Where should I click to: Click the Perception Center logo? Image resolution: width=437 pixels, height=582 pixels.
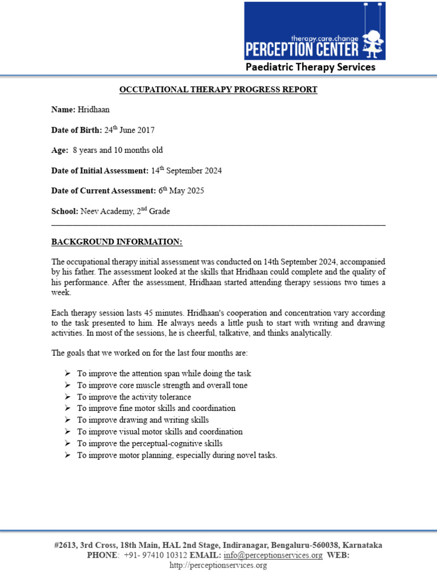315,31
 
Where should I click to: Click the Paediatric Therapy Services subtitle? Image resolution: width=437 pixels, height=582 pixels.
310,67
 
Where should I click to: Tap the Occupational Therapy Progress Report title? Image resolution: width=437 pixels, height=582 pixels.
218,90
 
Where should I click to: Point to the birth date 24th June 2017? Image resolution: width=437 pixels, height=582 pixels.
129,130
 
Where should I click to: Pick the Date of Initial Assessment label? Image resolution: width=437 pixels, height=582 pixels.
100,171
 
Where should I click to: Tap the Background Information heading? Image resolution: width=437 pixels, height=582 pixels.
117,242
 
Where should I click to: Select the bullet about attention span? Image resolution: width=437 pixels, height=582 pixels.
164,374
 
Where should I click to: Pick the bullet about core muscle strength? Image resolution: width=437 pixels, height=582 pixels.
162,385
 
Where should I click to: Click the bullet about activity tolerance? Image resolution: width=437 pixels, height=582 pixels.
134,397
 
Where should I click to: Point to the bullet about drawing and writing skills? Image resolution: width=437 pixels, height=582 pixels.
143,420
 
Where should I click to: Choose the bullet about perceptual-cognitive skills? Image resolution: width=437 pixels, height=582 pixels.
150,443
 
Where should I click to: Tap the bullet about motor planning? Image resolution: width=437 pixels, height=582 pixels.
177,455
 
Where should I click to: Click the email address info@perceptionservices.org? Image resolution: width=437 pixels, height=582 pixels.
273,555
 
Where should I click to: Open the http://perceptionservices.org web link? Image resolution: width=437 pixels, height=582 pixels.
218,566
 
